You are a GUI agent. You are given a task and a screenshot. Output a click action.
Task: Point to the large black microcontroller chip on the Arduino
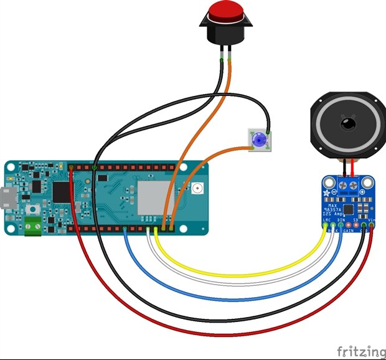tap(62, 191)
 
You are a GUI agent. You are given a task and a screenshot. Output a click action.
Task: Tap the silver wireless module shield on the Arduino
tap(153, 197)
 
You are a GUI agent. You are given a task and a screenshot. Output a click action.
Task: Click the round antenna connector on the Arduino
tap(198, 188)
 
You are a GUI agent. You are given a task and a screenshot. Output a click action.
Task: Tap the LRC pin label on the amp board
tap(326, 220)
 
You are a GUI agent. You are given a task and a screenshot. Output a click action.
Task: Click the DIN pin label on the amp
tap(341, 220)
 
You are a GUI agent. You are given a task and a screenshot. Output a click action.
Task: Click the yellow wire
tap(249, 273)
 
